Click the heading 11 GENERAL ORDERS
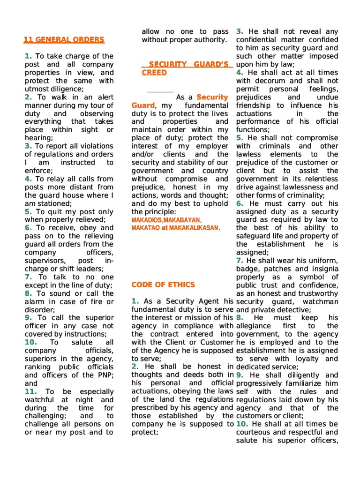click(x=64, y=40)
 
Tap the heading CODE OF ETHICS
click(x=164, y=285)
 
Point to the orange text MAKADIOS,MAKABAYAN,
click(x=166, y=220)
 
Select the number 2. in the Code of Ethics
click(x=135, y=366)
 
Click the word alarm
click(x=37, y=301)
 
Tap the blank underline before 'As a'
click(x=160, y=91)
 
